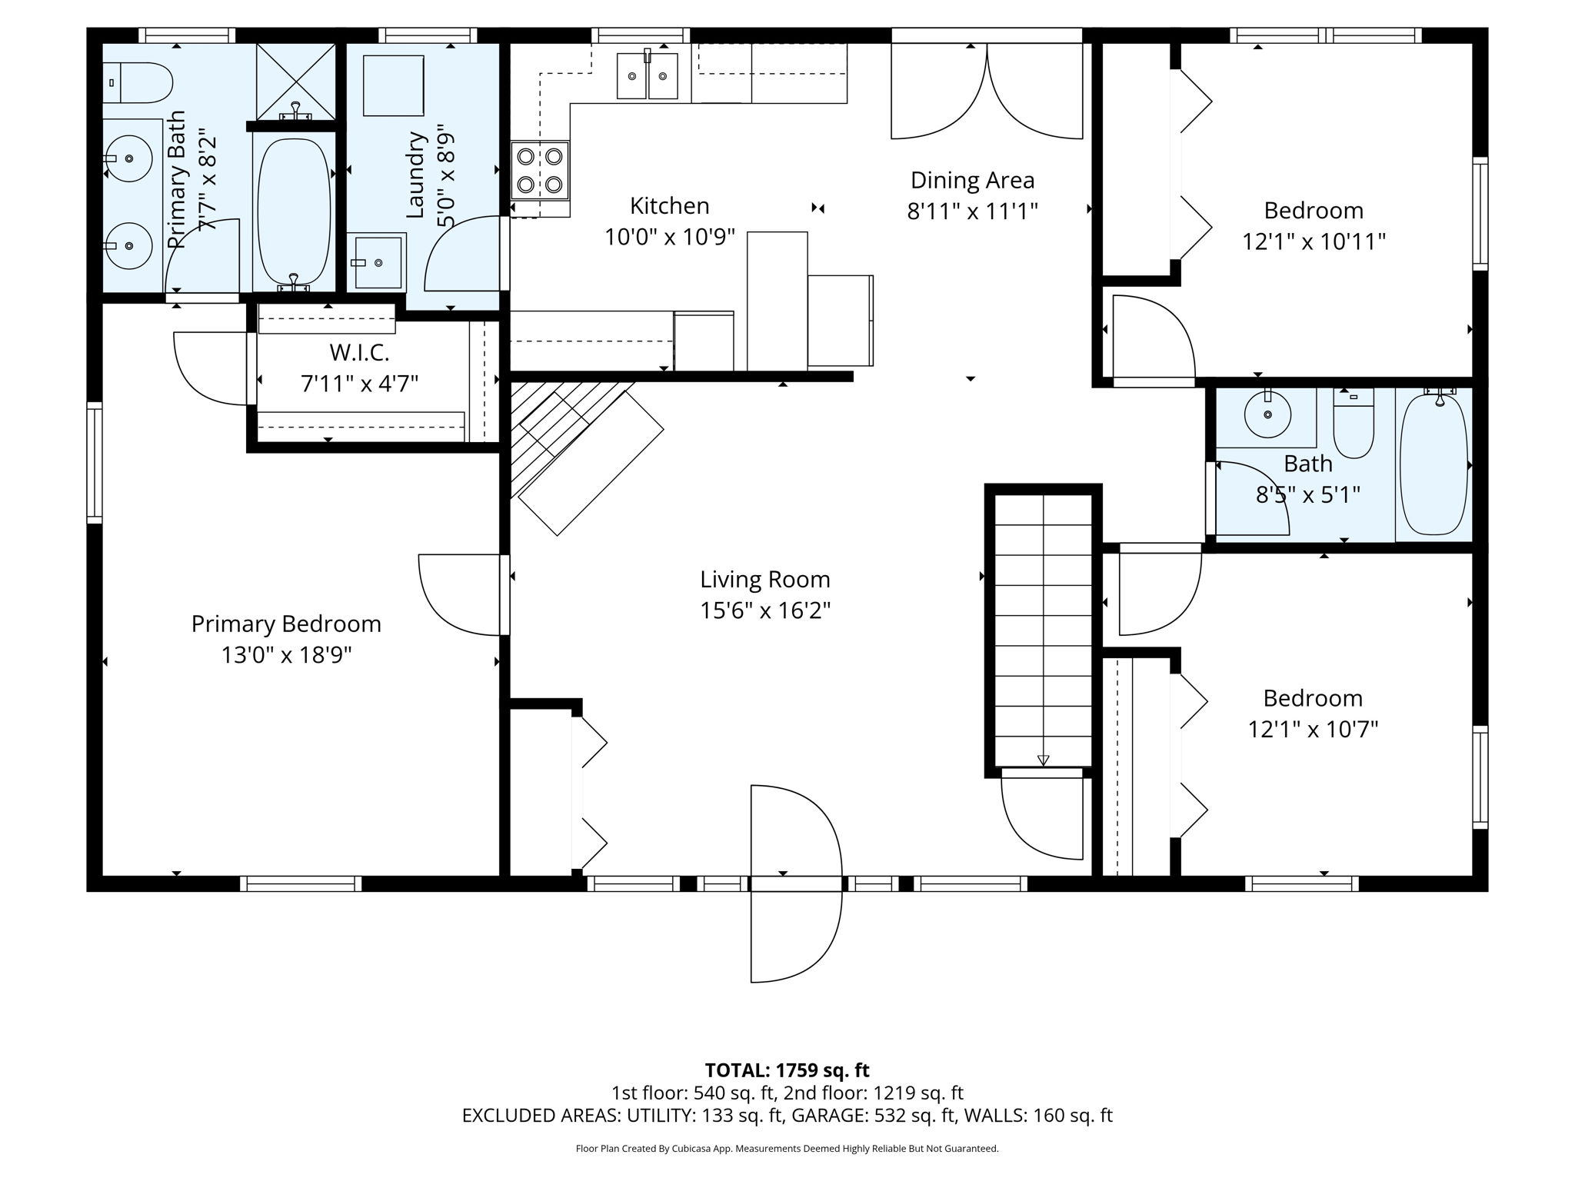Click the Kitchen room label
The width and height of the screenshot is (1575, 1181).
(x=669, y=206)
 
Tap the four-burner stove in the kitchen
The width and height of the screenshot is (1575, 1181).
(x=540, y=171)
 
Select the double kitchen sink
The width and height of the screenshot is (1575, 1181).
(x=648, y=75)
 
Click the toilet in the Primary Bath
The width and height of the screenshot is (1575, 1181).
(x=138, y=83)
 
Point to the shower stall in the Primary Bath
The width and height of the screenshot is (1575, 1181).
(x=296, y=82)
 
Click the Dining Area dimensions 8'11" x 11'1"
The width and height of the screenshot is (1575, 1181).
(x=973, y=211)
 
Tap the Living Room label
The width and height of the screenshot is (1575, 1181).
(x=765, y=579)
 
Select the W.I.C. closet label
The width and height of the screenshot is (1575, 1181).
(x=359, y=353)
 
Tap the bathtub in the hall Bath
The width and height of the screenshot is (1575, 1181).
(x=1433, y=464)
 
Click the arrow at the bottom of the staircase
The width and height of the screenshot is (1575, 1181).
(x=1043, y=760)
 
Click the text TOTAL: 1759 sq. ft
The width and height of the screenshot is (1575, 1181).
(x=787, y=1070)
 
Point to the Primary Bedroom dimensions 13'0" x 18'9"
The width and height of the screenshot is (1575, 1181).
(x=287, y=656)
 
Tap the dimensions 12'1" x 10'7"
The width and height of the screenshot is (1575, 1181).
(x=1313, y=729)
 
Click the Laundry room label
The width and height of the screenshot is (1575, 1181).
(x=415, y=175)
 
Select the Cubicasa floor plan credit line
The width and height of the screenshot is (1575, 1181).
(x=787, y=1149)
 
